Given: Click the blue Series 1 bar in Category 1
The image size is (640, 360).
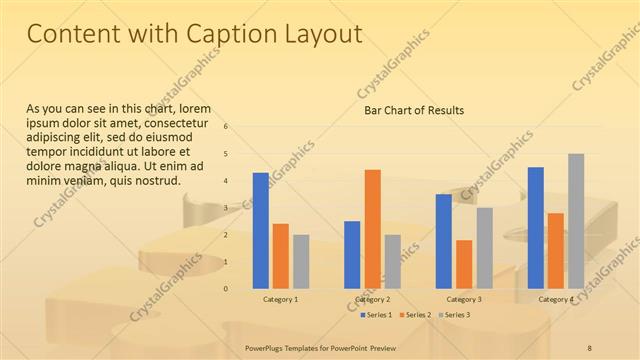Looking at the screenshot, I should tap(261, 230).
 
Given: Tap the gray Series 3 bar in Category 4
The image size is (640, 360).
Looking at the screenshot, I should tap(576, 220).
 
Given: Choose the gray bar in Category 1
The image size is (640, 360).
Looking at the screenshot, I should tap(301, 261).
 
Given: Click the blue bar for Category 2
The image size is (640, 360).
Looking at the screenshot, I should tap(352, 254).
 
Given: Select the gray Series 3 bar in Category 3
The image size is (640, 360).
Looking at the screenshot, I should tap(484, 247).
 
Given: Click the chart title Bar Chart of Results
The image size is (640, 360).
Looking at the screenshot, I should tap(414, 110).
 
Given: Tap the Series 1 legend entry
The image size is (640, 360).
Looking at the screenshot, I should tap(377, 315).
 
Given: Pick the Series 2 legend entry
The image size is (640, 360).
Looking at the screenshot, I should tap(416, 315).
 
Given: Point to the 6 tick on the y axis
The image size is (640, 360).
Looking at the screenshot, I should tap(226, 127).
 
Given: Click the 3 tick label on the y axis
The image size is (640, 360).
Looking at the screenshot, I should tap(226, 208).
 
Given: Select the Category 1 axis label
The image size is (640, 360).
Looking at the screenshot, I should tap(281, 299).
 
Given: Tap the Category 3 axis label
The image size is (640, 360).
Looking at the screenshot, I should tap(464, 299).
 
